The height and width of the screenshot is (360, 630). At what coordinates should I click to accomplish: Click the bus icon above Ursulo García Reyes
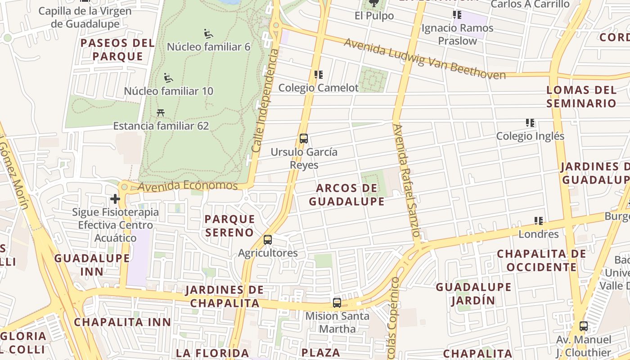304,139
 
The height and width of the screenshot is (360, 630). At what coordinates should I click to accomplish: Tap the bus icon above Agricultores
268,240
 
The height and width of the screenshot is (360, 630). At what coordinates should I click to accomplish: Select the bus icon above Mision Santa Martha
337,303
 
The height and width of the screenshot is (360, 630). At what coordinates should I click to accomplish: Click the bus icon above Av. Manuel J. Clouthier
584,326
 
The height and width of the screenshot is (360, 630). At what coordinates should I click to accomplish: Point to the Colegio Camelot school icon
319,75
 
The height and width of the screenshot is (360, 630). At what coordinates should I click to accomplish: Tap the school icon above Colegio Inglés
530,122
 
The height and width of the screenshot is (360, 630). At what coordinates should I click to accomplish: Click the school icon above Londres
539,221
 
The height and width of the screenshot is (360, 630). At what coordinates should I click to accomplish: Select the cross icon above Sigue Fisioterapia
115,198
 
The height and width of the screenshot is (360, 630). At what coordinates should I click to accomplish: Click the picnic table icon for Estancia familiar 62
161,112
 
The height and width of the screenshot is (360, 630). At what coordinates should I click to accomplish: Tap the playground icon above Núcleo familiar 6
208,34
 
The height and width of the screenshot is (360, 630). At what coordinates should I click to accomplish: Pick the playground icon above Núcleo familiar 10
168,78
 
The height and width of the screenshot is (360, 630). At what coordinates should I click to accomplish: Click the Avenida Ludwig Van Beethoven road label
425,58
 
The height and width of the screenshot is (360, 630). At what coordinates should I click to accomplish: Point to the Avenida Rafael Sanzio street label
406,180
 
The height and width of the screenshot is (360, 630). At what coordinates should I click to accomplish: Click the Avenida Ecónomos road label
188,185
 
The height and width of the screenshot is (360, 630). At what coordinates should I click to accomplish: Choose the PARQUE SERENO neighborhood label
229,225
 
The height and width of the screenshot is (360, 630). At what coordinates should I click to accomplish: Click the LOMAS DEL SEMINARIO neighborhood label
581,96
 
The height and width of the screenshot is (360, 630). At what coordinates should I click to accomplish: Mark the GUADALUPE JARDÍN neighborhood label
473,293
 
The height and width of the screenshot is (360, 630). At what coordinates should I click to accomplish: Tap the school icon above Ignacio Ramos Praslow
457,15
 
